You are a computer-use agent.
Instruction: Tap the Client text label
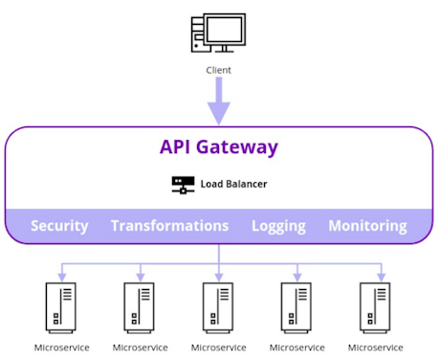coord(218,70)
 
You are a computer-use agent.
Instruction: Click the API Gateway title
coord(218,147)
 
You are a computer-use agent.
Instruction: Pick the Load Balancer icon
coord(183,184)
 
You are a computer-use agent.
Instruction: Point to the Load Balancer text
coord(233,184)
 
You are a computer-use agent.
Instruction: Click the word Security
coord(59,226)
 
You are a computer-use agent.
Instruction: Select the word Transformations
coord(169,226)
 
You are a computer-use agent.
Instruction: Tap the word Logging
coord(278,226)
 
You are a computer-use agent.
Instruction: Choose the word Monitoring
coord(367,226)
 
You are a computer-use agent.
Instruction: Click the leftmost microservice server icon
coord(61,305)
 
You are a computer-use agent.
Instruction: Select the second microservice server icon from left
coord(140,305)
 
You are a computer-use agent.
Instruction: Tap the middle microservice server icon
coord(218,305)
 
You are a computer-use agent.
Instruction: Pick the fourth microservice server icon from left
coord(297,305)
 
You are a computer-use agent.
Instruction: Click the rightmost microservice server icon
coord(375,305)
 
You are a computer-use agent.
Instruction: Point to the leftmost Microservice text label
coord(61,348)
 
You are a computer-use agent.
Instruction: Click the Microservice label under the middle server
coord(218,348)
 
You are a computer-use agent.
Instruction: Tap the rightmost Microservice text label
coord(375,348)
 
